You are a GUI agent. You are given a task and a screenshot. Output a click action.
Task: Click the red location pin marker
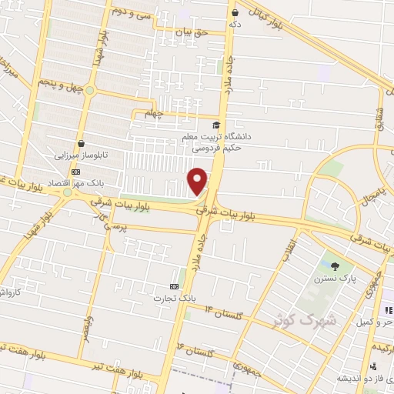199,181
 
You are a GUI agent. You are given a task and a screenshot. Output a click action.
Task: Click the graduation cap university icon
217,125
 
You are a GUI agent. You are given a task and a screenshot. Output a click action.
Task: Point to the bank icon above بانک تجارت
174,285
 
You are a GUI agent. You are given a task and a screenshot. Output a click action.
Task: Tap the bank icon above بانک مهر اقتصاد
75,172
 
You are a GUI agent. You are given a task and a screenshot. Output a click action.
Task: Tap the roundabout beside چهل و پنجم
89,91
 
